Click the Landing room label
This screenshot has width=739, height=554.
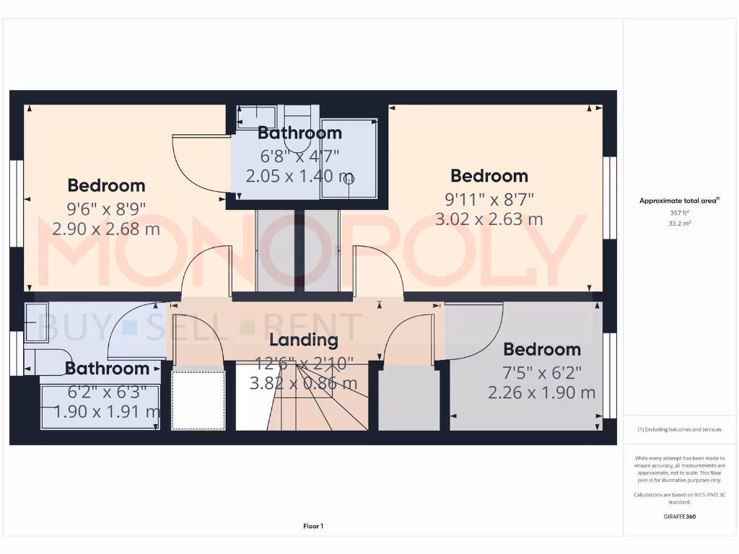coord(303,340)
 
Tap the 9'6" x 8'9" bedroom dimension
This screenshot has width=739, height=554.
coord(106,209)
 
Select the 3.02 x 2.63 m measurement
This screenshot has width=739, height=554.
coord(489,219)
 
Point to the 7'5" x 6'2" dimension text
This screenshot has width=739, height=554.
coord(542,373)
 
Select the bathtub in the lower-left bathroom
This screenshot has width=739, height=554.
coord(100,408)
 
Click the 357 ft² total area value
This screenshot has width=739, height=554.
coord(679,213)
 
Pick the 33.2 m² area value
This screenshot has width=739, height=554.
coord(679,224)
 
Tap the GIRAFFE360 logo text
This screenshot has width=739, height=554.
coord(679,516)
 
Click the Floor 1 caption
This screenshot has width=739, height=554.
coord(313,527)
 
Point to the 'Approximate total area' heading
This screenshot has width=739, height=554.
coord(679,201)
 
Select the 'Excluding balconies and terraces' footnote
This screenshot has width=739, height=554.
coord(679,429)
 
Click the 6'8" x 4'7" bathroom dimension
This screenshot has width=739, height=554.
coord(299,155)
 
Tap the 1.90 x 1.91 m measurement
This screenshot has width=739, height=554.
coord(107,411)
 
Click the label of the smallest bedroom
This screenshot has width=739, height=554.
coord(542,349)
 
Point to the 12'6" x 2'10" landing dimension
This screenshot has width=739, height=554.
coord(304,364)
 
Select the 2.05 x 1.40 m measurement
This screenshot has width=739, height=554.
coord(299,176)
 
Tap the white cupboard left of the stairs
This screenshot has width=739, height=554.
coord(198,400)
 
